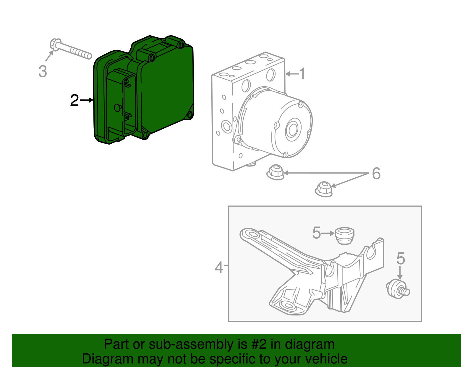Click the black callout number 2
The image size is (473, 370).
74,100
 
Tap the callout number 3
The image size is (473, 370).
43,71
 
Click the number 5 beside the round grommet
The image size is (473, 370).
317,233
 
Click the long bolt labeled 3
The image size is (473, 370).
71,49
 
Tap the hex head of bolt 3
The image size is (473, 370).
55,45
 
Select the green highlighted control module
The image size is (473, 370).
144,89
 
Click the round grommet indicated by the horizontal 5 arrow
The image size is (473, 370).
345,236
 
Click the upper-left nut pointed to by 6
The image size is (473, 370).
275,172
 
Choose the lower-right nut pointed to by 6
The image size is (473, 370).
324,189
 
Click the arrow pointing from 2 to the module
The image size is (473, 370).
86,100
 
